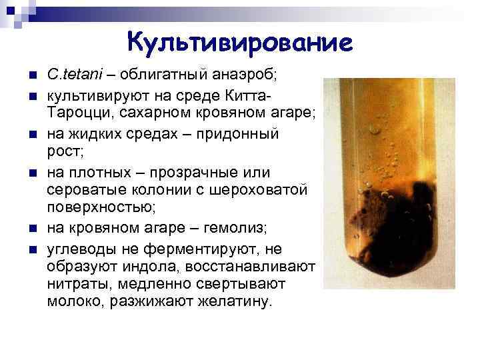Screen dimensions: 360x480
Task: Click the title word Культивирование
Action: (x=239, y=43)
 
